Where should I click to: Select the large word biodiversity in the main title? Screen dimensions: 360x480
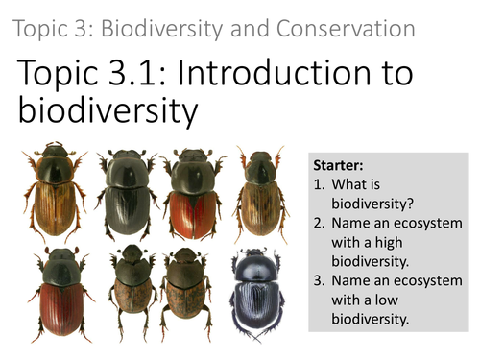108,111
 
